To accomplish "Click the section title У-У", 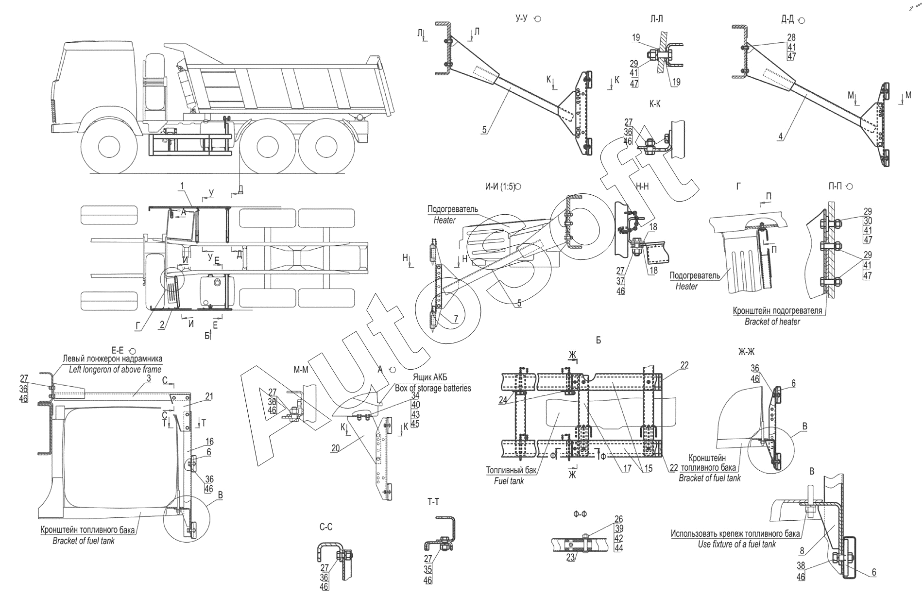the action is [x=523, y=19].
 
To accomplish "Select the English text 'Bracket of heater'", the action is [x=772, y=321].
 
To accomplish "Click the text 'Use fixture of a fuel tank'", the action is [x=736, y=544].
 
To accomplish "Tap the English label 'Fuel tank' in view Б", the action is [x=509, y=481].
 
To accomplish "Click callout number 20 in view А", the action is [x=335, y=448].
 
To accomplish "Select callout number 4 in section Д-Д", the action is [x=780, y=137].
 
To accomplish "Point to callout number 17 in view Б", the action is [x=627, y=469].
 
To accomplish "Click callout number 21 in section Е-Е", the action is [x=209, y=397].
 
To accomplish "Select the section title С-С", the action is [x=325, y=526].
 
